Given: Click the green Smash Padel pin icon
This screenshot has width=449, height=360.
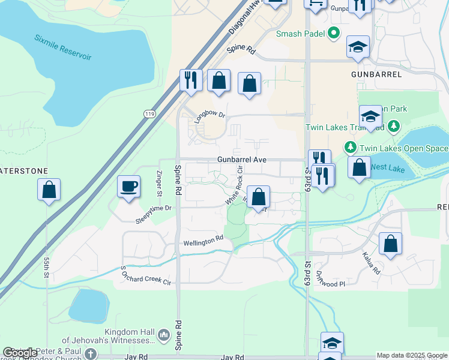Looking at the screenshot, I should pos(334,34).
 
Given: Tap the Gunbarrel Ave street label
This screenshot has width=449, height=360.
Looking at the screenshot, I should pos(242,160).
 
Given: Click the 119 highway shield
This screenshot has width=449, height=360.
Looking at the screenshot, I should pos(149,113).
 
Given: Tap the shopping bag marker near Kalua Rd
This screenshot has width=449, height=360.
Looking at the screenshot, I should pos(390,244).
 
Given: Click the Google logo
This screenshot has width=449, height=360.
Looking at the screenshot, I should pos(20,353).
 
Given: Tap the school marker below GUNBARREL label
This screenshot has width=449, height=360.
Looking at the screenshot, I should pos(370,116).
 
